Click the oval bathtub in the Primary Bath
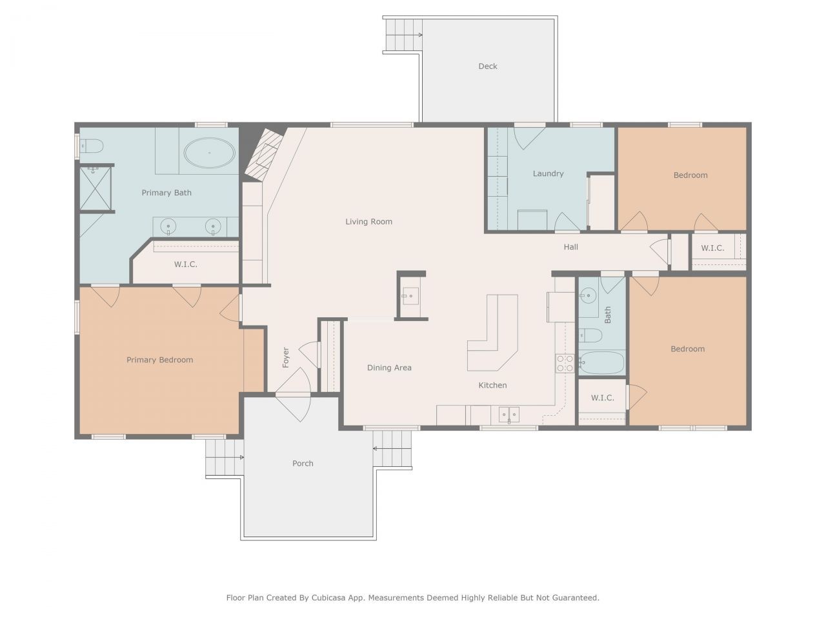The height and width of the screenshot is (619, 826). pos(209,153)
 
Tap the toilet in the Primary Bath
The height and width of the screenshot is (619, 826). pos(92,146)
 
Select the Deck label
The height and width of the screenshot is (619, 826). pos(487,66)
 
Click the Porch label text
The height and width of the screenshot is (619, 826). pos(303,464)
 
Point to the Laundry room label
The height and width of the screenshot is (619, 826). pos(548,173)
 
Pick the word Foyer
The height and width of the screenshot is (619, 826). pos(286,357)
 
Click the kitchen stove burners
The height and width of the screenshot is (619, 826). pos(565,363)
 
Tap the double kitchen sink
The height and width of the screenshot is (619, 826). pos(509,415)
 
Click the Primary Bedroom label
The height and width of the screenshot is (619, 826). pos(159,360)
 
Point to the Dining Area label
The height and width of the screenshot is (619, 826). pos(389,368)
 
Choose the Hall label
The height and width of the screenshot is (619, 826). pos(570,247)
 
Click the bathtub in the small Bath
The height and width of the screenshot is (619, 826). pos(601,362)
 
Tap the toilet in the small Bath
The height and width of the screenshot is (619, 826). pos(590,335)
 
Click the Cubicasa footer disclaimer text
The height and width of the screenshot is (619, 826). pos(412,598)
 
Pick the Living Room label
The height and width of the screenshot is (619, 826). pos(368,222)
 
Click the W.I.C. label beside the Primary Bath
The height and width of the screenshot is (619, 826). pos(185,264)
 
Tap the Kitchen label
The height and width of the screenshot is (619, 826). pos(492,385)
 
